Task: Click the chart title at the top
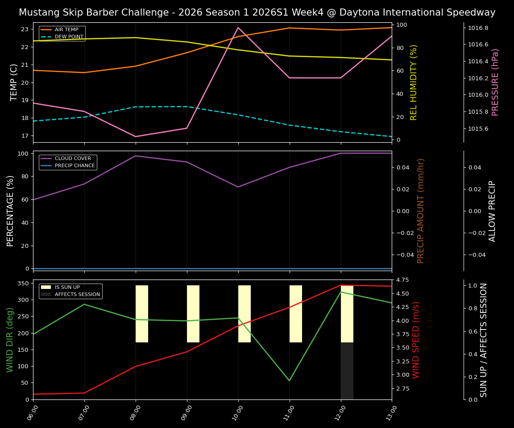[257, 12]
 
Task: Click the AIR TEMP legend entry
[66, 30]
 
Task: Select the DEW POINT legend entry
[69, 37]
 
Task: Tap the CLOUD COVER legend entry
[73, 159]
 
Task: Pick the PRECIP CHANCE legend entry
[75, 166]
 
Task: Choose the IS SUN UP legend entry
[67, 288]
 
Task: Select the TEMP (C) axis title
[14, 82]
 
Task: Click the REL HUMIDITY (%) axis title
[414, 82]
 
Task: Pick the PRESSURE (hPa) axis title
[495, 82]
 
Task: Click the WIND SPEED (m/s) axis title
[416, 340]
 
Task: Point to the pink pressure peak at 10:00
[238, 27]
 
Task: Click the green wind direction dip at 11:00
[290, 380]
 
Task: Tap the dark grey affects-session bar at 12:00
[347, 371]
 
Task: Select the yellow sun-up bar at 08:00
[142, 314]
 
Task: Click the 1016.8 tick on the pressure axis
[478, 28]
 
